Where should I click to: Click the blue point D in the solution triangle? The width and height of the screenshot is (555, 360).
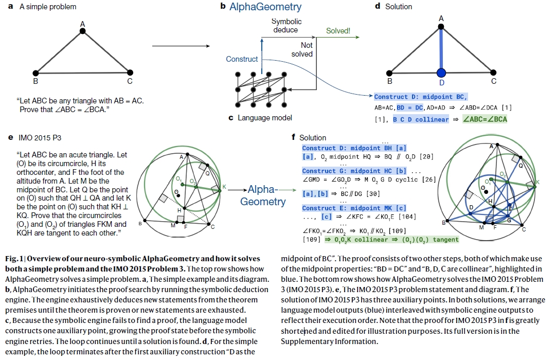(x=441, y=71)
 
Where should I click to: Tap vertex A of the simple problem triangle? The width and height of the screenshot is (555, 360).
(x=83, y=31)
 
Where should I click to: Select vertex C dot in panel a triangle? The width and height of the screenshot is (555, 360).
(x=130, y=73)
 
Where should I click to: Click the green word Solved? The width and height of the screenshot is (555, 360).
(x=338, y=31)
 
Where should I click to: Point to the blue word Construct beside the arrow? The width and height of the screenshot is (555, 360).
(x=242, y=59)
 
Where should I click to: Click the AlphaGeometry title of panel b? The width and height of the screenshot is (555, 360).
(x=265, y=7)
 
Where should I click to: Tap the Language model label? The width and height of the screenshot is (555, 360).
(x=264, y=118)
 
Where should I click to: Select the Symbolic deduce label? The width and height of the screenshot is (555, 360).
(x=287, y=26)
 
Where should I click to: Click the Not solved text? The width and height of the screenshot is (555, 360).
(x=302, y=49)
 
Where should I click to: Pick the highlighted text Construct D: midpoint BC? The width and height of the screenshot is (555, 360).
(x=421, y=97)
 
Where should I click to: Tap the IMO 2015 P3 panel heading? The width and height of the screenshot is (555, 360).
(x=42, y=138)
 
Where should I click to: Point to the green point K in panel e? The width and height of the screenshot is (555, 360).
(x=220, y=191)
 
